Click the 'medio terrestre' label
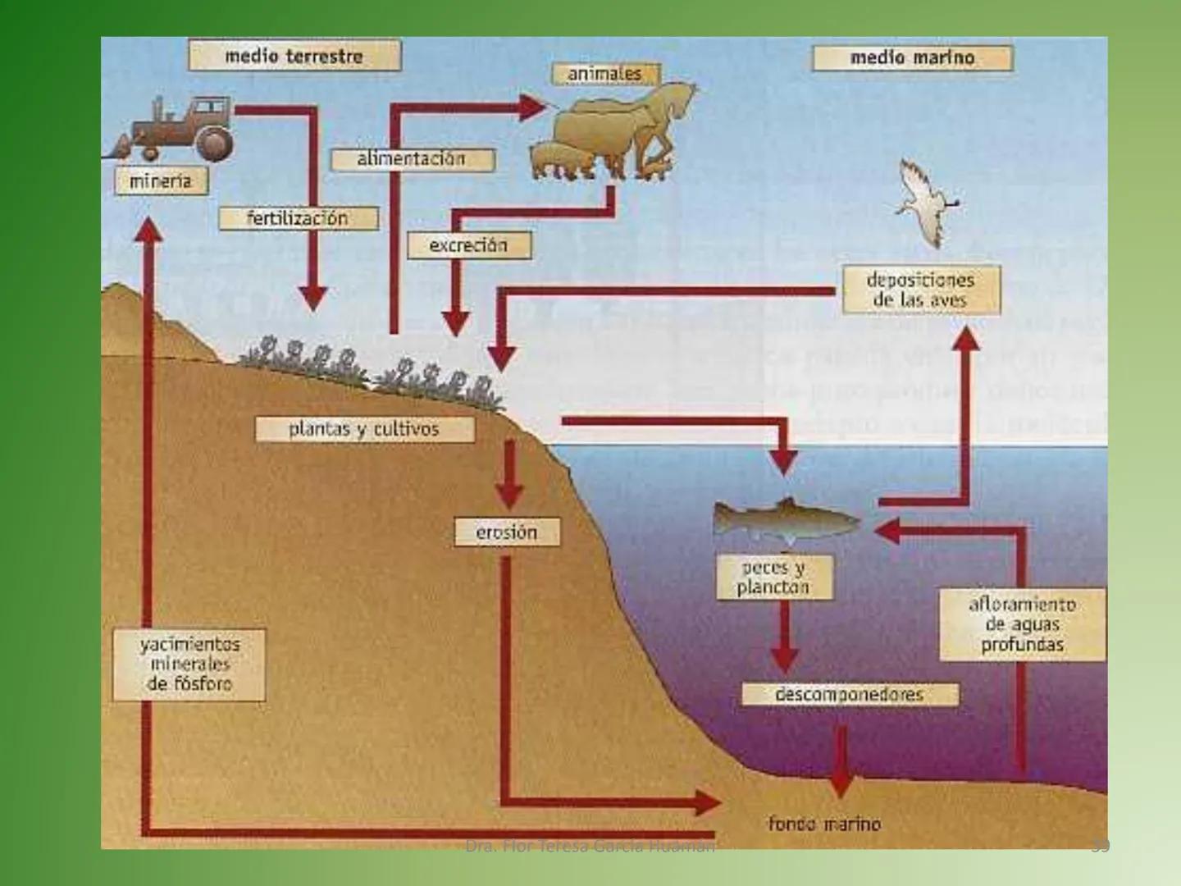(x=294, y=57)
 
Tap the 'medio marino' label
(x=912, y=58)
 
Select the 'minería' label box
(x=161, y=181)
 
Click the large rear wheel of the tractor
(x=214, y=144)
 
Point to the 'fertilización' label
(x=298, y=218)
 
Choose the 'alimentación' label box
(x=412, y=159)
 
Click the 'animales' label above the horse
(x=604, y=74)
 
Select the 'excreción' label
(x=469, y=245)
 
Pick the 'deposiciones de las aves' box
(x=921, y=290)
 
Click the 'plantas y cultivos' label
(x=364, y=429)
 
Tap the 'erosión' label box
(x=507, y=532)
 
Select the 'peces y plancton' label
(x=773, y=578)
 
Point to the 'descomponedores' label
(x=850, y=695)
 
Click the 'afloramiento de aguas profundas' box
(x=1022, y=625)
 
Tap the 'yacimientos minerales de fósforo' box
(x=189, y=664)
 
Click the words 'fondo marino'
(x=824, y=824)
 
